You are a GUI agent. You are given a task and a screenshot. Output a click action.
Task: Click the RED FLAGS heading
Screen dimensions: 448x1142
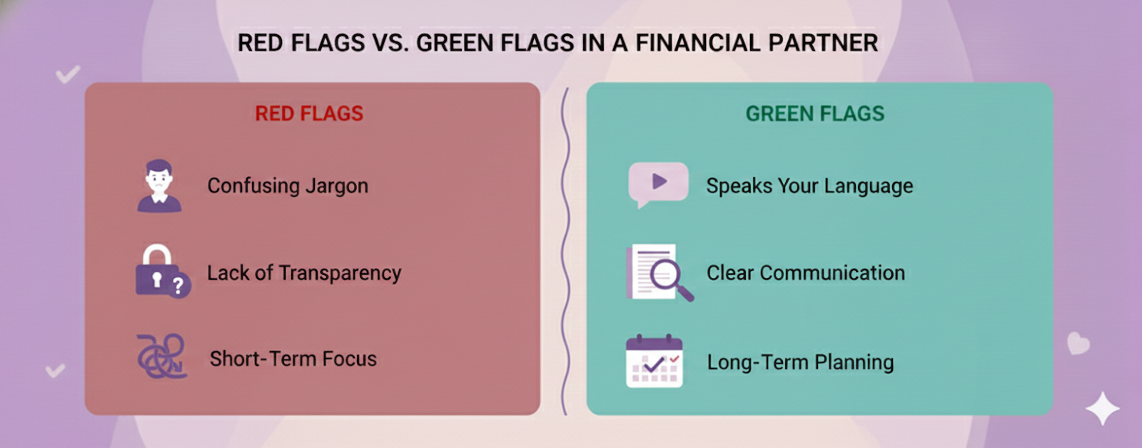pos(309,114)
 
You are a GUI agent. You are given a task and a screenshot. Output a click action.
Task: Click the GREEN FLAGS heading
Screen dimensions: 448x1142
pos(814,114)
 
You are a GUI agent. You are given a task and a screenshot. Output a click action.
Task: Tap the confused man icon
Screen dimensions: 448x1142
pos(159,186)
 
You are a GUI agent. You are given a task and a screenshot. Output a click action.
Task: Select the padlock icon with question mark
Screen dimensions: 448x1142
pos(161,272)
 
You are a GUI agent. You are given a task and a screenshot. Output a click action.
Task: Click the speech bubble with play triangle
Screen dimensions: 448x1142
pos(657,183)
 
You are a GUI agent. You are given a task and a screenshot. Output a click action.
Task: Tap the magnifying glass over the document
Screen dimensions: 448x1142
pos(667,274)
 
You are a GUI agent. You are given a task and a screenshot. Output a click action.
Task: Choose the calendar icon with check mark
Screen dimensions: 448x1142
pos(654,362)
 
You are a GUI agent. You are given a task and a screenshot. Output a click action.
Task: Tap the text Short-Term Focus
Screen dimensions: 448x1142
pos(293,359)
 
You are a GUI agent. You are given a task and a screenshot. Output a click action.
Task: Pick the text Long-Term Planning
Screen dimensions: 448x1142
pos(800,362)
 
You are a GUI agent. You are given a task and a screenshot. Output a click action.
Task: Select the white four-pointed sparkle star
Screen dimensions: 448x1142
pos(1102,409)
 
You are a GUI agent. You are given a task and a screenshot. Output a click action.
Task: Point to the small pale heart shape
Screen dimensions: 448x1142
pos(1078,343)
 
